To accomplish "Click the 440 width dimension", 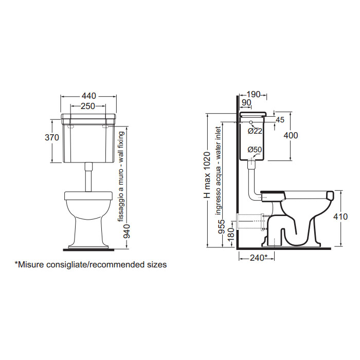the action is pyautogui.click(x=88, y=96).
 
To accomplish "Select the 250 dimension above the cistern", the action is pyautogui.click(x=88, y=106).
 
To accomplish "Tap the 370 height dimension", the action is pyautogui.click(x=52, y=137).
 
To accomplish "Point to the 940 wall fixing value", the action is pyautogui.click(x=127, y=231).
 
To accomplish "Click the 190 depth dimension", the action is pyautogui.click(x=254, y=94).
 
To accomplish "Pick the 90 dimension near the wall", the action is pyautogui.click(x=246, y=103).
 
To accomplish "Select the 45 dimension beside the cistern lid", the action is pyautogui.click(x=280, y=120).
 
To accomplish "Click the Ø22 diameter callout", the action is pyautogui.click(x=255, y=131).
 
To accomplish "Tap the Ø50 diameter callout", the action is pyautogui.click(x=255, y=150).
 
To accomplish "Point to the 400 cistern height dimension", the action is pyautogui.click(x=291, y=135).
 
